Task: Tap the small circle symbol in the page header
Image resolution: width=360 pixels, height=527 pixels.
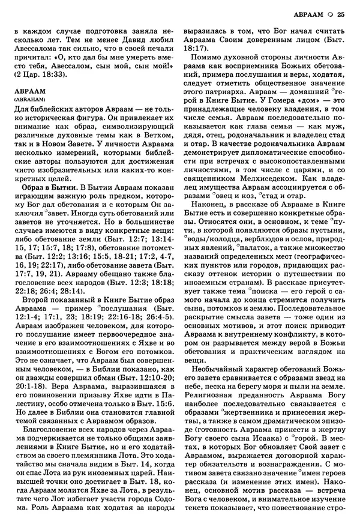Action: pos(329,15)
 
